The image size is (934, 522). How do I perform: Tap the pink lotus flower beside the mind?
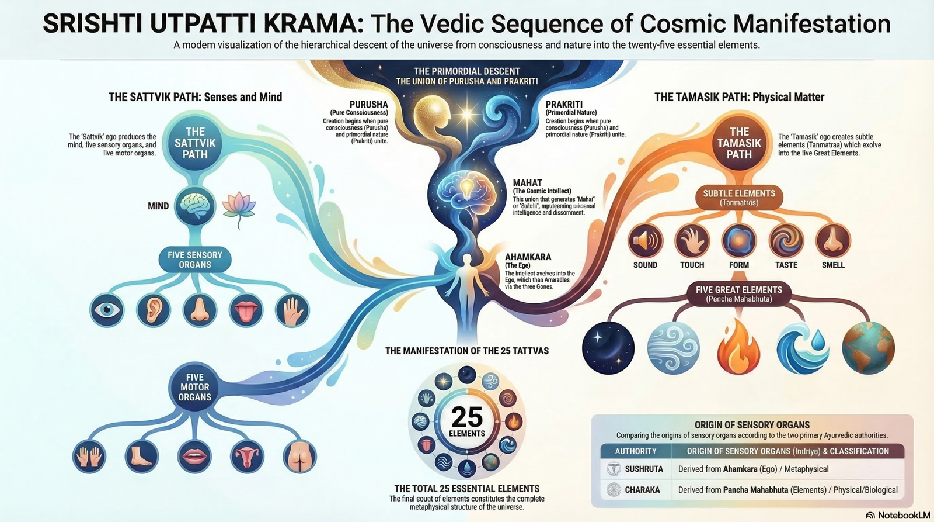(239, 207)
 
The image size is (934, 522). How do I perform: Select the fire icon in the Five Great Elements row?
(738, 348)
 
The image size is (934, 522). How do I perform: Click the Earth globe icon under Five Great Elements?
(868, 348)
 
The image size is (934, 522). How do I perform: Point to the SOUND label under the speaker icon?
(645, 265)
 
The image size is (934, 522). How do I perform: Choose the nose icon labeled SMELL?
(833, 240)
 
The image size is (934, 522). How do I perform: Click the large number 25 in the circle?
(467, 417)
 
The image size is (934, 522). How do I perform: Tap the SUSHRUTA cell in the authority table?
(643, 469)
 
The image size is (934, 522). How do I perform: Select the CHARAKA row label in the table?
(642, 490)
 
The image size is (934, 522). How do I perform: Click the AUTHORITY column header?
(636, 451)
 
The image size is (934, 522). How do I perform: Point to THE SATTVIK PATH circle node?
(195, 143)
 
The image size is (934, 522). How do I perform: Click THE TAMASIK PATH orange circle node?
(739, 143)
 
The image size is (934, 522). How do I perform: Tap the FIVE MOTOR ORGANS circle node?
(195, 387)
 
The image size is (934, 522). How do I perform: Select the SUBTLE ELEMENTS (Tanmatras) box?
(739, 198)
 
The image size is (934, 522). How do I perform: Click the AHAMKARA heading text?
(528, 257)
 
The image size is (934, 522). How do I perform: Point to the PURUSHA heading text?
(368, 104)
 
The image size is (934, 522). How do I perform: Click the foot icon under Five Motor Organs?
(142, 456)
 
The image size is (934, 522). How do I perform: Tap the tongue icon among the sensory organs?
(246, 310)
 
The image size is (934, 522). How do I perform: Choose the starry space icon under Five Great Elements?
(608, 348)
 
